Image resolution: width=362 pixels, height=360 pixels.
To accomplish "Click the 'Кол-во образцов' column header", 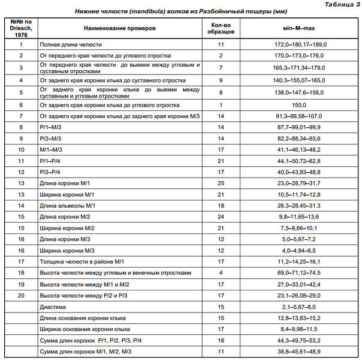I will point(221,28).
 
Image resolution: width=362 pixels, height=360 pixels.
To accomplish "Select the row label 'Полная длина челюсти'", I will point(70,44).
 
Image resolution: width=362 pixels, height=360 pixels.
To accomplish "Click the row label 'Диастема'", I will point(54,306).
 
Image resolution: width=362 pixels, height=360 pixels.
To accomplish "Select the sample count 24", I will point(221,216).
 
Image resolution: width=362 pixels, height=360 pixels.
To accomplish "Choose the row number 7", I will point(21,116).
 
